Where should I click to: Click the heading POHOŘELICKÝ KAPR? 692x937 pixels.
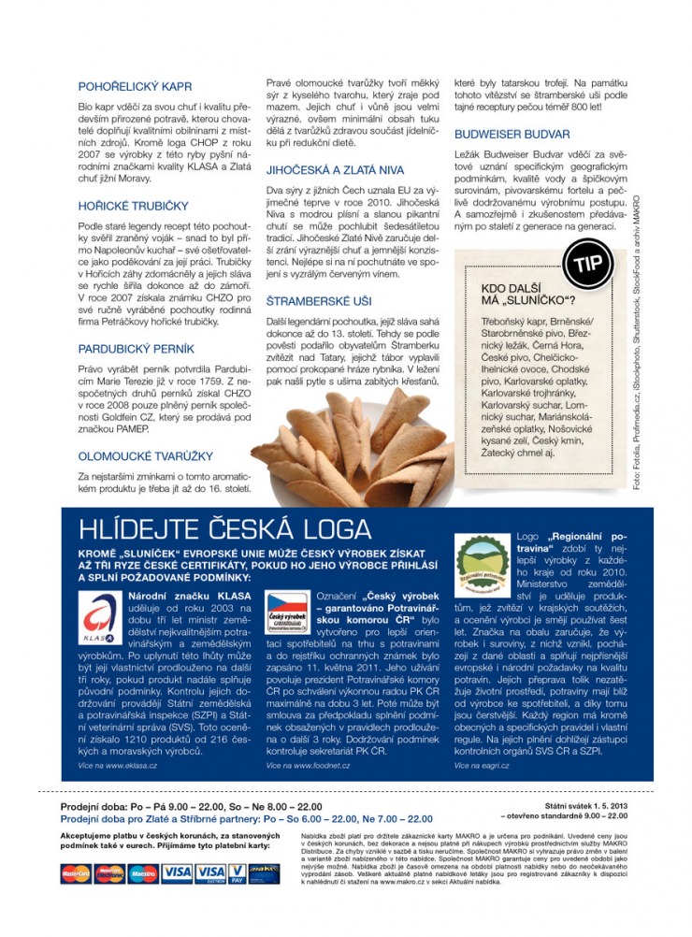[x=136, y=87]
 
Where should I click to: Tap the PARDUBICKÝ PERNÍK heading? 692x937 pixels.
[x=137, y=349]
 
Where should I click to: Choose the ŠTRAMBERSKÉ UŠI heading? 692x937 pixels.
[x=319, y=302]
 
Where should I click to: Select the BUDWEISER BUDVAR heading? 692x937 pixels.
[x=512, y=135]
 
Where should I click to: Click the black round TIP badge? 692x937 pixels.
[x=587, y=264]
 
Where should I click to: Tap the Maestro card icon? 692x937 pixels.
[x=143, y=873]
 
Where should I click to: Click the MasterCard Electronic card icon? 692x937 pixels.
[x=109, y=873]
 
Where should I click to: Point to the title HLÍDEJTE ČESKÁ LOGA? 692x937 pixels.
[x=212, y=529]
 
